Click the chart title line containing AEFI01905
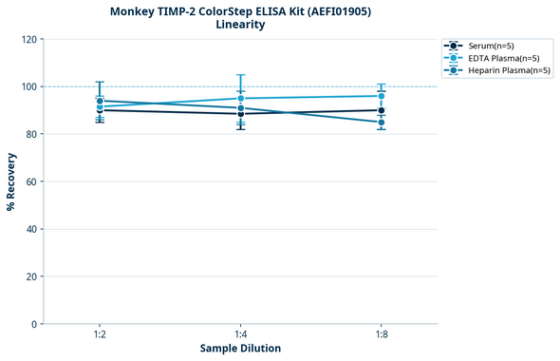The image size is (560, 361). (240, 10)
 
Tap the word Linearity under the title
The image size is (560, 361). (240, 25)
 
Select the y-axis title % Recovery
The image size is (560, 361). (11, 180)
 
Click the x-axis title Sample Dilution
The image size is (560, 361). (240, 348)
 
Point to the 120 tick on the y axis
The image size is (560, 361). (28, 39)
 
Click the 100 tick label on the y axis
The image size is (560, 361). (28, 86)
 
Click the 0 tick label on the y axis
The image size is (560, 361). (34, 324)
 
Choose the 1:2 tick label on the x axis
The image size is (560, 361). (100, 334)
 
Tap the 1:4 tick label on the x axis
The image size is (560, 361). (241, 334)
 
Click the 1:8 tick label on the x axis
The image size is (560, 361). (382, 334)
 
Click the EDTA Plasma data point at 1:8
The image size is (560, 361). (382, 96)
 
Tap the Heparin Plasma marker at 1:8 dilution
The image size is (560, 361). (382, 123)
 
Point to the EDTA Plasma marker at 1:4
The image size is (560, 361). (241, 99)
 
